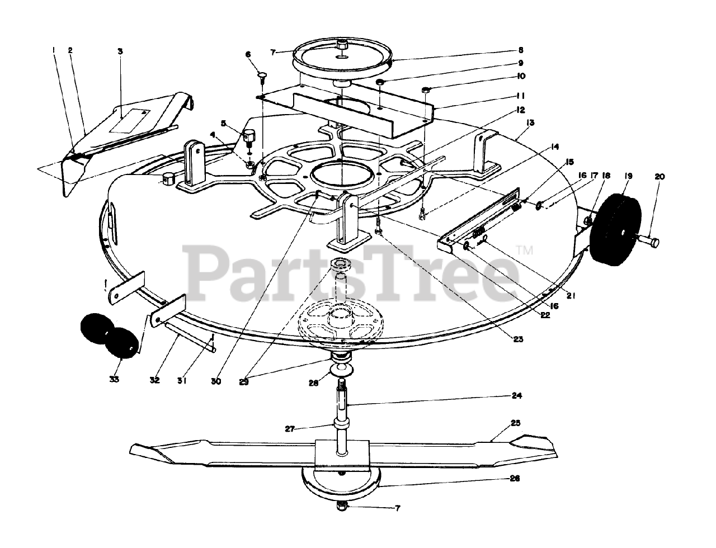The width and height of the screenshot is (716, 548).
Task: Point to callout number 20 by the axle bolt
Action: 660,177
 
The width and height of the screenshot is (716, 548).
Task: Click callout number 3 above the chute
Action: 120,51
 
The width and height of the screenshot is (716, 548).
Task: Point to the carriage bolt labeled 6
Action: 262,74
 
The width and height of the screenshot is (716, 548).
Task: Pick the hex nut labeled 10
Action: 426,89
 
